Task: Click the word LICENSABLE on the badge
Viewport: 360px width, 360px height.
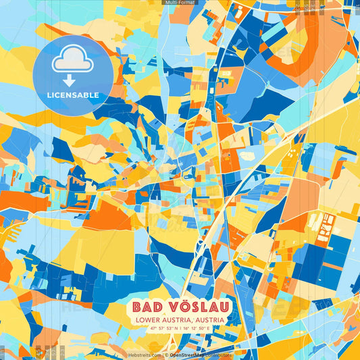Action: (x=73, y=95)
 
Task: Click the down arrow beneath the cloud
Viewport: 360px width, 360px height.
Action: (x=69, y=80)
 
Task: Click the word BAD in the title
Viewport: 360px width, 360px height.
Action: (x=145, y=308)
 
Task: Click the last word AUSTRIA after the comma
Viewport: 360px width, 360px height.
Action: (x=208, y=320)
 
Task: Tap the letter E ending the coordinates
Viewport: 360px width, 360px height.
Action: (x=209, y=329)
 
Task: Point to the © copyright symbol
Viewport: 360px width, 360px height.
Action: (x=166, y=355)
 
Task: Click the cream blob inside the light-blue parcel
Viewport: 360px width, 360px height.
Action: (x=247, y=155)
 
